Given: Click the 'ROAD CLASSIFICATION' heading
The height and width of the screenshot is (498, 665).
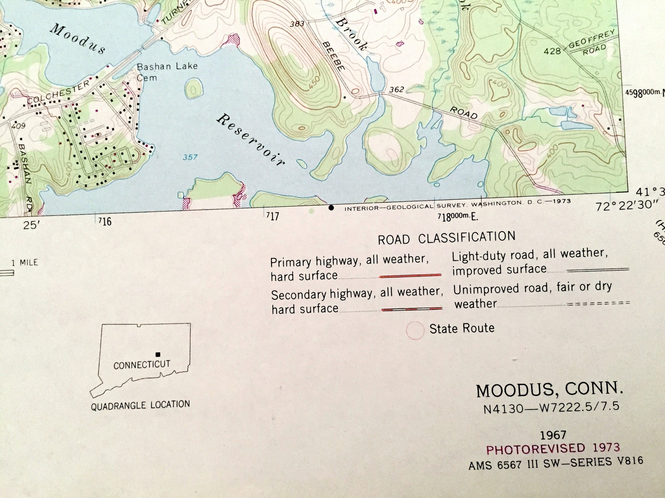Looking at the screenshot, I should [446, 238].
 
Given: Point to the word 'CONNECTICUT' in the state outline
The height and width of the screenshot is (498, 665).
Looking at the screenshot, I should [142, 365].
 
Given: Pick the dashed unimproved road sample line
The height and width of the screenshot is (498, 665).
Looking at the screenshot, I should [598, 303].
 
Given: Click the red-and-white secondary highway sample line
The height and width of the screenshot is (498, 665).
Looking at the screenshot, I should [412, 308].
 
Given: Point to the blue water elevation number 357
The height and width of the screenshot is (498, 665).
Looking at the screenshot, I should [190, 157].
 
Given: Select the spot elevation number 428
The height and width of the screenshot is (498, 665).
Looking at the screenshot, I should [552, 51].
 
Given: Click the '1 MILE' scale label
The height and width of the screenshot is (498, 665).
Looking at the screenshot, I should [25, 263].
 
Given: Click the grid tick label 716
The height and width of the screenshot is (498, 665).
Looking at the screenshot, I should [105, 222].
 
